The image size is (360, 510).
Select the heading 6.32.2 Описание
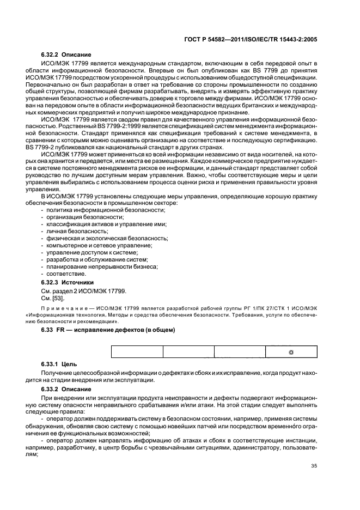pos(66,55)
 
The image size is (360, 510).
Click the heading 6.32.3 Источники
pos(68,282)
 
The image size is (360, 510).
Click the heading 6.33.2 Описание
pos(66,389)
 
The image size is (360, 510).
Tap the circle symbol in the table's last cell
pos(290,353)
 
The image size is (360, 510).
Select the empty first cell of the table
pos(137,353)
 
